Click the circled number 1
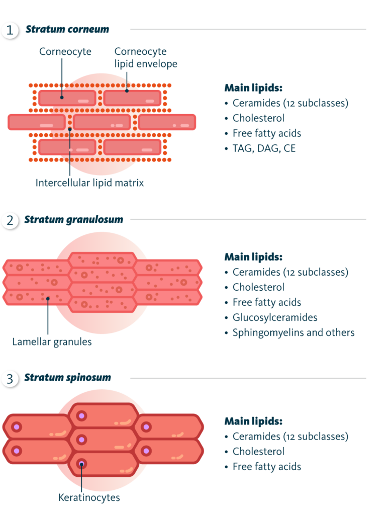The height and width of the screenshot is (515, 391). point(10,30)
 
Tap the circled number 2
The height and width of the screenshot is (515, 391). point(10,220)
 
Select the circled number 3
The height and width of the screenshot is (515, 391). point(10,379)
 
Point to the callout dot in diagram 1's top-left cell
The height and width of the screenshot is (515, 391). point(62,97)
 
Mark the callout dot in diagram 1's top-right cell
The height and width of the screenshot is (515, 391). point(127,91)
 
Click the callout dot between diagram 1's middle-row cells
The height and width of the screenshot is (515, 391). point(70,129)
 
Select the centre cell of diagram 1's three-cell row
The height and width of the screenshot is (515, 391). point(102,122)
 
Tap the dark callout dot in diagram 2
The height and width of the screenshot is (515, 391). point(48,299)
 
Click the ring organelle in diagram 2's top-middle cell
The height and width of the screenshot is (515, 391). point(120,260)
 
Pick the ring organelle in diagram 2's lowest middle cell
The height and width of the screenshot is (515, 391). point(84,304)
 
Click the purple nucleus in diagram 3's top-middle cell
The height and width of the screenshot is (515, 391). point(81,416)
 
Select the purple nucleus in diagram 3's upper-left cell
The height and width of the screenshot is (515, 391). point(17,426)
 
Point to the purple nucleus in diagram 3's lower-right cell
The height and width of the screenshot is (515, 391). point(146,451)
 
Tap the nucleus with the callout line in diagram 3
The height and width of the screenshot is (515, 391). point(81,464)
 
